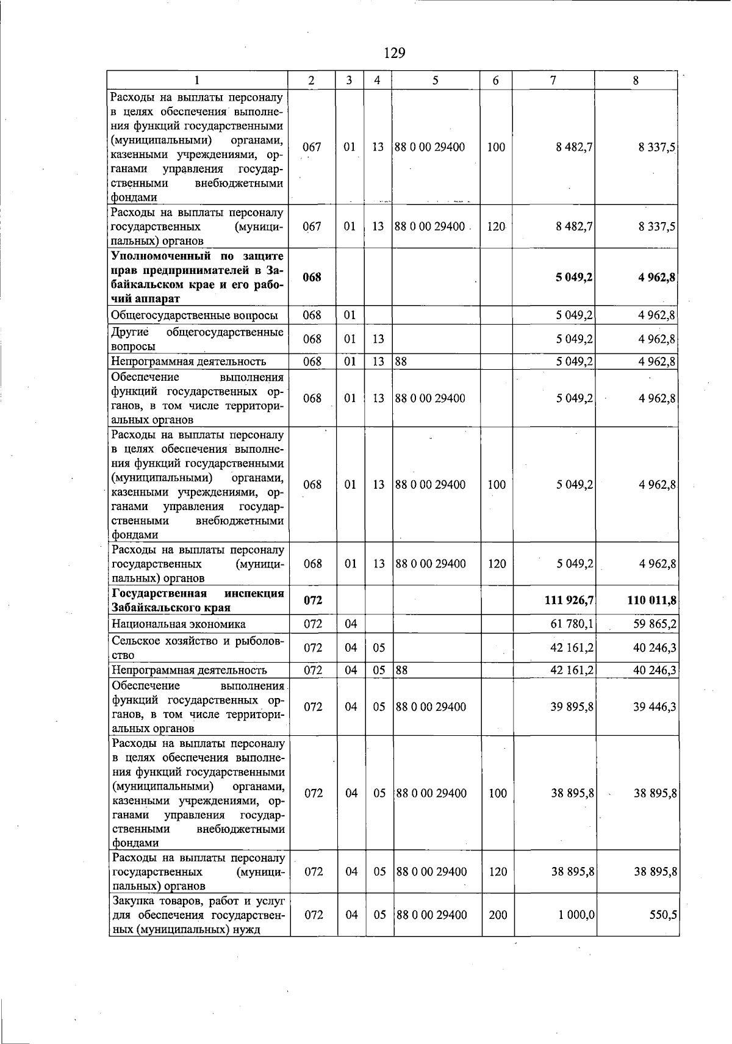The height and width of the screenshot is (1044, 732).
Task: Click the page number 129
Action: point(395,53)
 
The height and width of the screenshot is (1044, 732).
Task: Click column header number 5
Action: point(436,80)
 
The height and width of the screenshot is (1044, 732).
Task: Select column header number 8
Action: point(636,80)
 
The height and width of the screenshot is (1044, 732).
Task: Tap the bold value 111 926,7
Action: point(569,600)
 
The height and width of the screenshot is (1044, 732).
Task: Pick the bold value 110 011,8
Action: point(651,600)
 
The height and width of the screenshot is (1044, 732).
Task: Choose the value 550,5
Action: point(664,915)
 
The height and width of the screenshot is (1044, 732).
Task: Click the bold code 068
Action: point(312,277)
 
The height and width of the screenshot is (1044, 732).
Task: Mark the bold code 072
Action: point(313,600)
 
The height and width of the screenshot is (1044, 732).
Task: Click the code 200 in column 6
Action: point(498,915)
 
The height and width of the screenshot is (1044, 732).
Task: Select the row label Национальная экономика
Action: point(179,624)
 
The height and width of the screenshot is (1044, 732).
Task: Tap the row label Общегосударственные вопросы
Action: point(194,315)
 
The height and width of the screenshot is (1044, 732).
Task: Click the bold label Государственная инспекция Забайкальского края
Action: point(198,600)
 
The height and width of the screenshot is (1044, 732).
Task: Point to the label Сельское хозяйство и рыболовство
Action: point(198,647)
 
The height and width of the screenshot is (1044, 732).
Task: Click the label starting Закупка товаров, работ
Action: point(198,915)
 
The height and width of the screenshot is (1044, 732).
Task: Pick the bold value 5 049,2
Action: point(574,277)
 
